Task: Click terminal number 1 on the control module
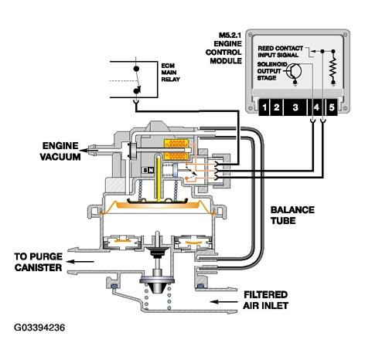tap(264, 107)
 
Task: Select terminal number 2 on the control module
tap(277, 107)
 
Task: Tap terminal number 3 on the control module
tap(295, 107)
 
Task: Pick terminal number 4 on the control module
tap(316, 107)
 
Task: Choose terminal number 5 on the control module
tap(332, 107)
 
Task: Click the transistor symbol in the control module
tap(295, 71)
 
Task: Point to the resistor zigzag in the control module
tap(333, 67)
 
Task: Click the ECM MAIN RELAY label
tap(170, 73)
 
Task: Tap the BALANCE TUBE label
tap(292, 216)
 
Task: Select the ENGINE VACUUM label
tap(60, 151)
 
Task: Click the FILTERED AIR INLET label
tap(266, 300)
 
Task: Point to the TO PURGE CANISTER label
tap(39, 262)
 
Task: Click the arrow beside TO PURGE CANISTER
tap(80, 262)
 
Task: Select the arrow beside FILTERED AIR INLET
tap(223, 301)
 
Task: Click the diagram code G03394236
tap(39, 328)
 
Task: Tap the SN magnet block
tap(148, 170)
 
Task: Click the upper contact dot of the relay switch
tap(136, 69)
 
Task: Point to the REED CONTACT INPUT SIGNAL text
tap(281, 52)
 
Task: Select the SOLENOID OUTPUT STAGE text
tap(271, 71)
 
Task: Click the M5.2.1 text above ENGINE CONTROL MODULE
tap(230, 36)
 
